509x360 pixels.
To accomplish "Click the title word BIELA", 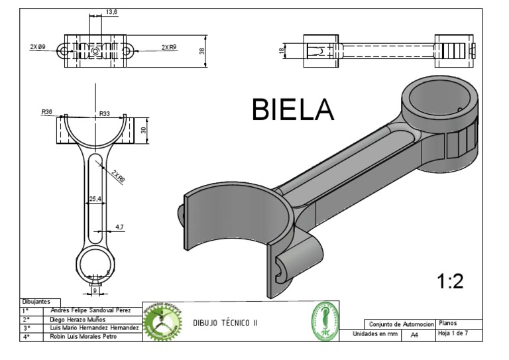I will (292, 109).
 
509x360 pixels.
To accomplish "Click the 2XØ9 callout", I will (38, 47).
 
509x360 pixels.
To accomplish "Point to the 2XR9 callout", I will (168, 47).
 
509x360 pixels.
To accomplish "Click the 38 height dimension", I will (202, 50).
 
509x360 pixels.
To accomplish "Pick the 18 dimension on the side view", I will (281, 50).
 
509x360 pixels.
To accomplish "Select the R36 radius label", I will (47, 112).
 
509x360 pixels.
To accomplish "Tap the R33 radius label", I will (105, 114).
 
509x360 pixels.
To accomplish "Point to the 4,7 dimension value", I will (119, 227).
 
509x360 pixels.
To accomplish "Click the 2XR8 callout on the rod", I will (119, 176).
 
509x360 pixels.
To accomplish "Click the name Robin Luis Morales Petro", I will (79, 336).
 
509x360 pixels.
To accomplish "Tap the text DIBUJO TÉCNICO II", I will (225, 322).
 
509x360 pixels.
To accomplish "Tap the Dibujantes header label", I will (37, 302).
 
